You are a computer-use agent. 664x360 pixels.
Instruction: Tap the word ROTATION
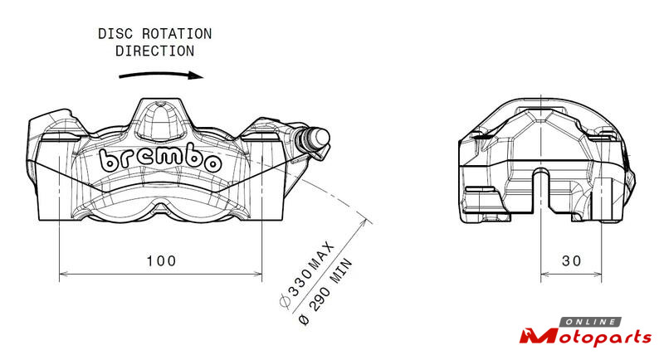(x=177, y=34)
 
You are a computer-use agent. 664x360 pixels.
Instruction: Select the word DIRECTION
(x=155, y=51)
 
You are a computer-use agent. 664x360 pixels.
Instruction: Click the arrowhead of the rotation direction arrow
(x=196, y=75)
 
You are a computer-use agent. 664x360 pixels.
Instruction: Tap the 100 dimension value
(x=161, y=261)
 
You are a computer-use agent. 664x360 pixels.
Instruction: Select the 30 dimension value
(x=571, y=261)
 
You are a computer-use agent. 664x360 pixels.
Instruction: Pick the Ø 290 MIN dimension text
(x=325, y=292)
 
